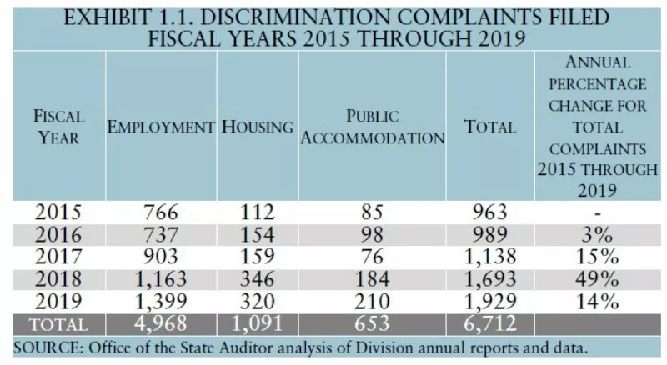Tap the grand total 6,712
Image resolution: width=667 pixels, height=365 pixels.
click(495, 323)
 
